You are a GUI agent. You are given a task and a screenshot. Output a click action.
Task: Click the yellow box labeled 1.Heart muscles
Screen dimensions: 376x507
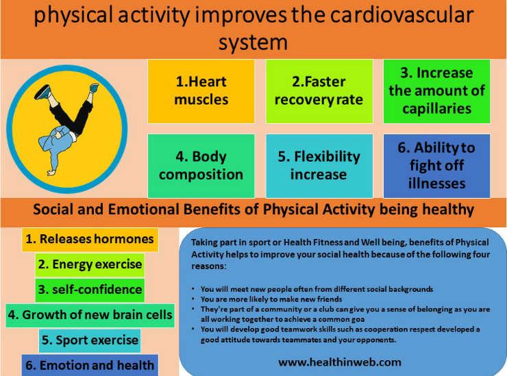(201, 90)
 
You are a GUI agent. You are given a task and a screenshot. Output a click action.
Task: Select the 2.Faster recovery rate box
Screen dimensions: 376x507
(319, 90)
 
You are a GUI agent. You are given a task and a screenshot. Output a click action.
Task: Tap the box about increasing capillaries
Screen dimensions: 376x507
(436, 90)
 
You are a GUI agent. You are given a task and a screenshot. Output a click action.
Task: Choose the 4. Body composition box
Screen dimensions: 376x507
(201, 165)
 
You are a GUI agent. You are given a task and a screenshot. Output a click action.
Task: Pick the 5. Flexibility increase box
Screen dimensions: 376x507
(319, 165)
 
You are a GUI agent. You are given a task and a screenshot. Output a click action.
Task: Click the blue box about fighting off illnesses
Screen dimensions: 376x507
(436, 165)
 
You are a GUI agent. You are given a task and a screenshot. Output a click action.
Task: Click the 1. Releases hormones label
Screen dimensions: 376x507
(90, 239)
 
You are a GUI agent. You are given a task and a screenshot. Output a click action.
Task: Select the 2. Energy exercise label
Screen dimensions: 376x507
(90, 264)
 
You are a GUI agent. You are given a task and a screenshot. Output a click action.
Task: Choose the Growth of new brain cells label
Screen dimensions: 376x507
(89, 315)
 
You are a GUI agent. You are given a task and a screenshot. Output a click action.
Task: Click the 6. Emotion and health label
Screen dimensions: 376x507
(90, 366)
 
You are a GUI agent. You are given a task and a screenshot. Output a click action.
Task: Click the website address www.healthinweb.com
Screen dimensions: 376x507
(340, 361)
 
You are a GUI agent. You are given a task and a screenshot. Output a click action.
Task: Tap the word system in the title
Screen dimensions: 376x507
(253, 42)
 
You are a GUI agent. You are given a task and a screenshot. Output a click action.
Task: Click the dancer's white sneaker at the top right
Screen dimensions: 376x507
(94, 88)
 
